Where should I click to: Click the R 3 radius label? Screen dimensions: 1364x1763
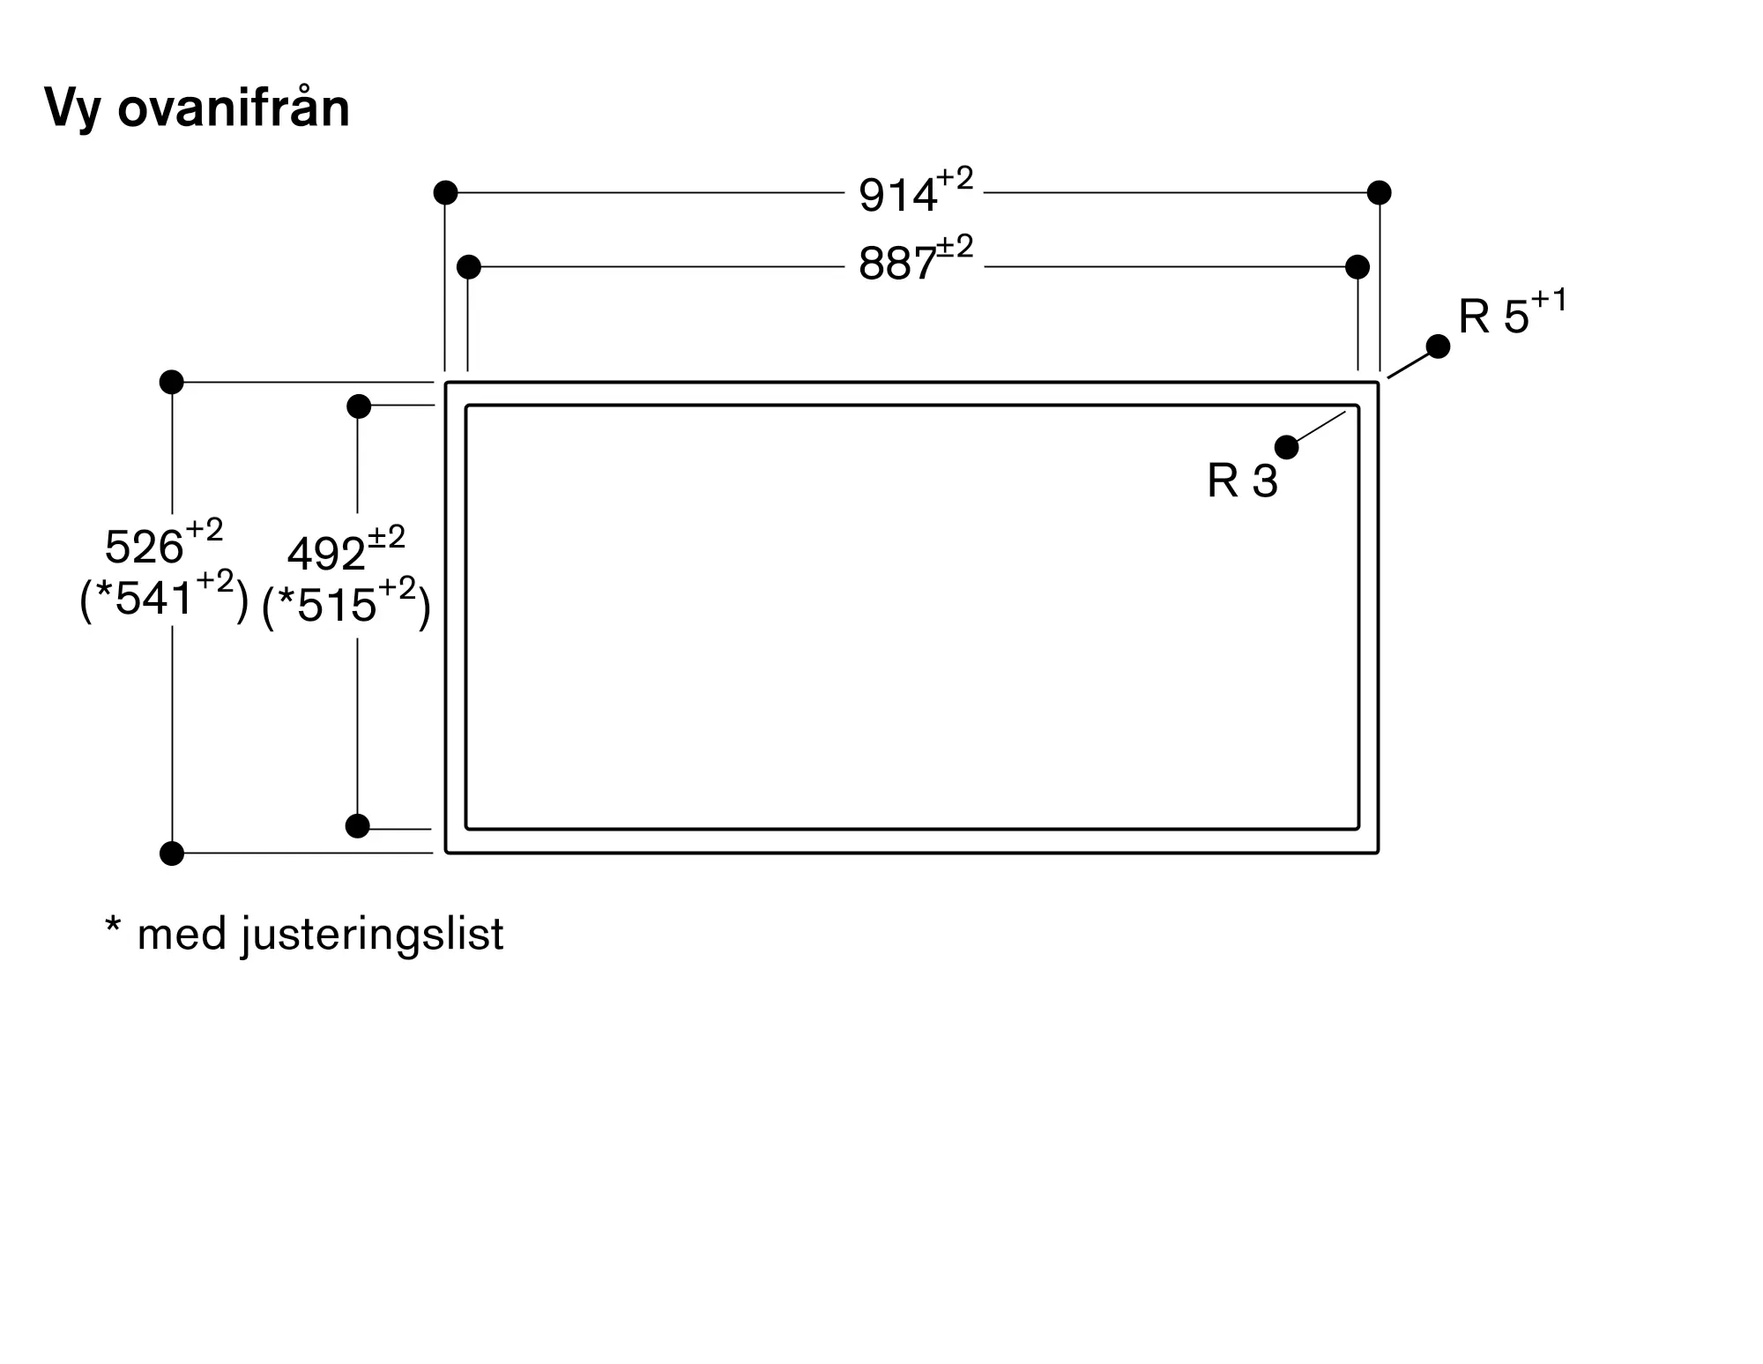1242,481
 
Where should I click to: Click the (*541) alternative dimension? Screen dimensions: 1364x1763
164,600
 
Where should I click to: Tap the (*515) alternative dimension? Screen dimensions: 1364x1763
346,606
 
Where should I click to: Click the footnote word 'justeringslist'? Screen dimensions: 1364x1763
372,934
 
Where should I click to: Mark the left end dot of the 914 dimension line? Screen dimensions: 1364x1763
446,192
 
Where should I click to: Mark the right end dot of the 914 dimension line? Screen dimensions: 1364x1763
1380,192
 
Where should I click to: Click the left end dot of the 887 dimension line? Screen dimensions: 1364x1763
469,266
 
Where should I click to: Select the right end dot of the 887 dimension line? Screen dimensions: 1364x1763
1358,266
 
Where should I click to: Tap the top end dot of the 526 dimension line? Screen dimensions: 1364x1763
172,382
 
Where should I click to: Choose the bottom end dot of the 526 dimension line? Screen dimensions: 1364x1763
172,853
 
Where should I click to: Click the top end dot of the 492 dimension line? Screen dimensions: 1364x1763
359,406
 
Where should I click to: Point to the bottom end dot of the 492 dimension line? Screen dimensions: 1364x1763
358,826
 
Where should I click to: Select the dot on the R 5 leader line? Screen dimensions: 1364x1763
1438,347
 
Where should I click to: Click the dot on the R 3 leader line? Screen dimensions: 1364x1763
1287,447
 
